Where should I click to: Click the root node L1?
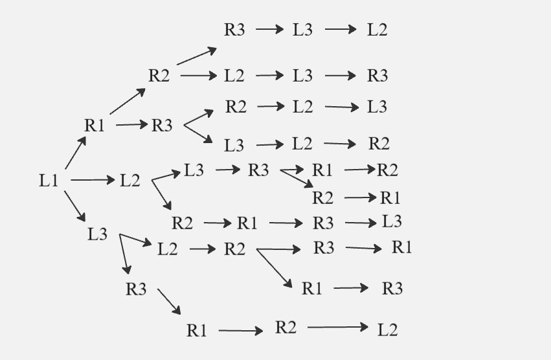pos(49,181)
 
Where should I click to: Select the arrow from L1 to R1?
pos(76,153)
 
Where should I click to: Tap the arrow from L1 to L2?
pos(92,180)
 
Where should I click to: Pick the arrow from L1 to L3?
pos(75,207)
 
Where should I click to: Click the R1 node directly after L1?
pos(95,125)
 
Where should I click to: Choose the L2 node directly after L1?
pos(130,181)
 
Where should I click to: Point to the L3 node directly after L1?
pos(98,234)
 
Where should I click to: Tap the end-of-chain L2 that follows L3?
pos(377,30)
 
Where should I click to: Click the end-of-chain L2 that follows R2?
pos(388,330)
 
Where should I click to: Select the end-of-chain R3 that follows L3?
pos(377,76)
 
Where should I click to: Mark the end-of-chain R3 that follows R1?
pos(392,289)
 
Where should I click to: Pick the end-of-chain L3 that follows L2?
pos(377,107)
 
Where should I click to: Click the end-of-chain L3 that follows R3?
pos(392,221)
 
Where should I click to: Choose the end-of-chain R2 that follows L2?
pos(379,144)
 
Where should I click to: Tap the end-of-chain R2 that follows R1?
pos(387,170)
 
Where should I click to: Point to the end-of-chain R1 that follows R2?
pos(390,197)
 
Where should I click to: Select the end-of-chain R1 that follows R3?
pos(402,247)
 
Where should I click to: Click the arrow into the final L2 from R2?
pos(337,328)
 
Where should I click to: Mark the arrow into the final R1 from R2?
pos(360,197)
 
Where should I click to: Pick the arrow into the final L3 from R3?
pos(361,223)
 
